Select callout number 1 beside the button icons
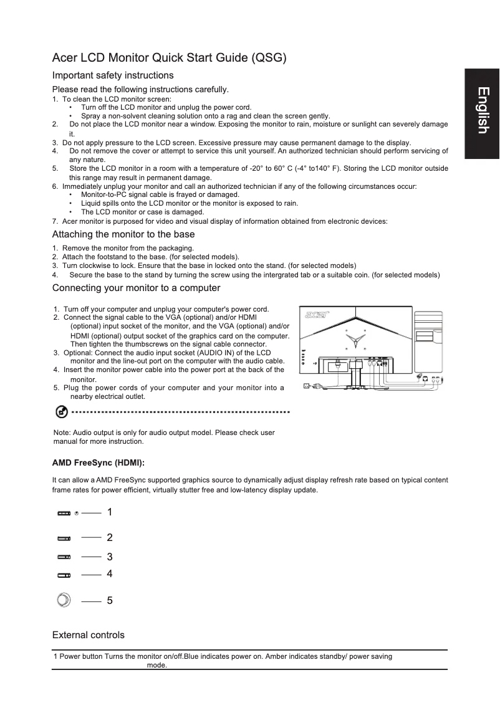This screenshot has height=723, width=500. coord(110,512)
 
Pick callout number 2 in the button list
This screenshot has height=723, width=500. coord(110,537)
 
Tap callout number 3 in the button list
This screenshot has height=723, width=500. coord(110,556)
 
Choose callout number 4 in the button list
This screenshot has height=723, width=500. coord(110,573)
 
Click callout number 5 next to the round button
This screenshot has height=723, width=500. coord(110,601)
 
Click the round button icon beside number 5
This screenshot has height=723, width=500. coord(63,600)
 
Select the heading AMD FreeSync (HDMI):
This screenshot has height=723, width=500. coord(99,463)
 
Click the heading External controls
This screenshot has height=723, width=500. coord(88,635)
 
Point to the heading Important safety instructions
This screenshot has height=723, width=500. coord(113,75)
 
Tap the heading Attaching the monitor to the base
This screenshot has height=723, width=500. coord(123,234)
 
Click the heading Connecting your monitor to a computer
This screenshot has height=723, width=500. coord(136,288)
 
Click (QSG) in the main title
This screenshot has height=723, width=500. coord(268,59)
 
